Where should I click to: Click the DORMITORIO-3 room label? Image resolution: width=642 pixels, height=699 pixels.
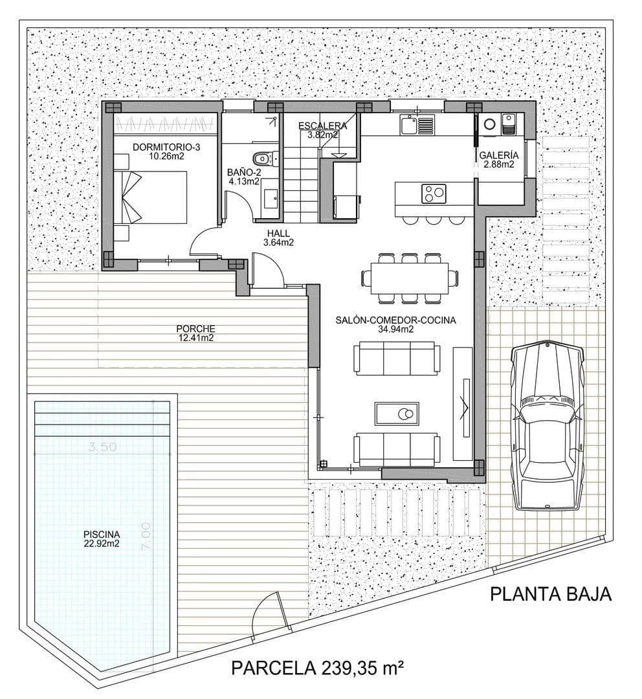tap(166, 148)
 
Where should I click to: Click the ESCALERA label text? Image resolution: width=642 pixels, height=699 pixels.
tap(322, 126)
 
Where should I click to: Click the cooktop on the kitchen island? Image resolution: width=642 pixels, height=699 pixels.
tap(434, 193)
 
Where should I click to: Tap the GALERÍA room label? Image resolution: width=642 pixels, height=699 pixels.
tap(498, 155)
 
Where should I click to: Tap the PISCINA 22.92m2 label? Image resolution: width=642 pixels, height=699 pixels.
tap(101, 538)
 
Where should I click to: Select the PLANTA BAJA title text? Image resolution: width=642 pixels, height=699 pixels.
tap(550, 594)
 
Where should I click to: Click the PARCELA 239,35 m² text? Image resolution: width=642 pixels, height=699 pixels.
tap(317, 667)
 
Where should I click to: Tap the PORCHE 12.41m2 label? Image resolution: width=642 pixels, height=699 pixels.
tap(195, 333)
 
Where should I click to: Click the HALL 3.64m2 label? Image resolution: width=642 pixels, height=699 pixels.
tap(278, 238)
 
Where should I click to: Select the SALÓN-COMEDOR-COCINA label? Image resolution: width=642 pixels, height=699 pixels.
tap(396, 324)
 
